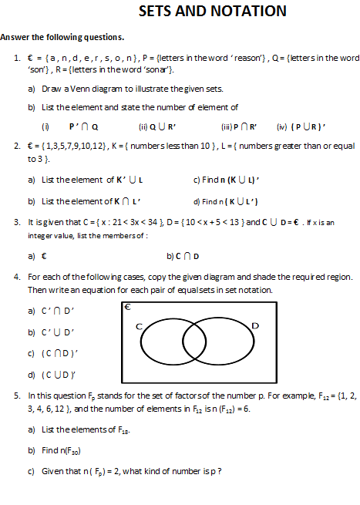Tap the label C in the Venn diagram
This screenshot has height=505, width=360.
click(140, 326)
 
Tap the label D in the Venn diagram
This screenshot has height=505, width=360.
click(255, 326)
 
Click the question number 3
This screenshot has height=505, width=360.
click(17, 222)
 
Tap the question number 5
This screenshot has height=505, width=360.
click(17, 396)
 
